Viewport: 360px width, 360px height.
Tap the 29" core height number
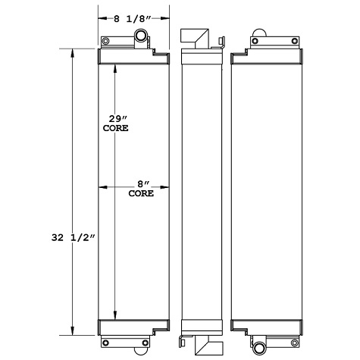pyautogui.click(x=115, y=119)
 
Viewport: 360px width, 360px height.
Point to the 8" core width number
pyautogui.click(x=141, y=184)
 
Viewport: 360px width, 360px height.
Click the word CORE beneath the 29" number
pyautogui.click(x=115, y=129)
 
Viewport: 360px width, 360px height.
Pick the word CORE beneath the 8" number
pyautogui.click(x=141, y=194)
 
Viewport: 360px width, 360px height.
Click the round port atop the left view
pyautogui.click(x=142, y=36)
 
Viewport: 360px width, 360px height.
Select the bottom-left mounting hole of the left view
pyautogui.click(x=105, y=327)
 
